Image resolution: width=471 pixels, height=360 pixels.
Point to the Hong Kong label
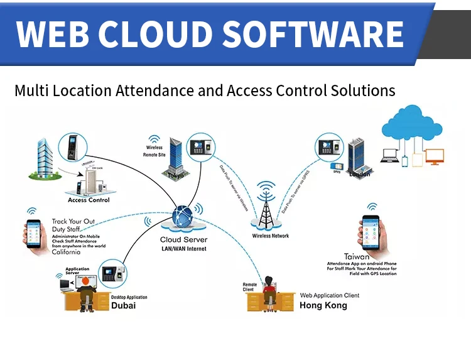(x=323, y=305)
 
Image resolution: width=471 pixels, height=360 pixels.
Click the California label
(x=66, y=252)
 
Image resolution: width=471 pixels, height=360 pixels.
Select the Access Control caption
(x=89, y=200)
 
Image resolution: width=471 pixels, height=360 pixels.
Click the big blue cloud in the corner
(x=413, y=125)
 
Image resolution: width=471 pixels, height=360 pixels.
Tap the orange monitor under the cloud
(x=435, y=156)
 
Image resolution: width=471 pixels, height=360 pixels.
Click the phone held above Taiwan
(x=371, y=231)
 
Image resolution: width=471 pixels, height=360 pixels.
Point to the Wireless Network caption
(x=271, y=236)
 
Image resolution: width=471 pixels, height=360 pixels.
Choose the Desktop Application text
(x=129, y=297)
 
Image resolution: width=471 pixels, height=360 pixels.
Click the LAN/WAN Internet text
(x=183, y=249)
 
